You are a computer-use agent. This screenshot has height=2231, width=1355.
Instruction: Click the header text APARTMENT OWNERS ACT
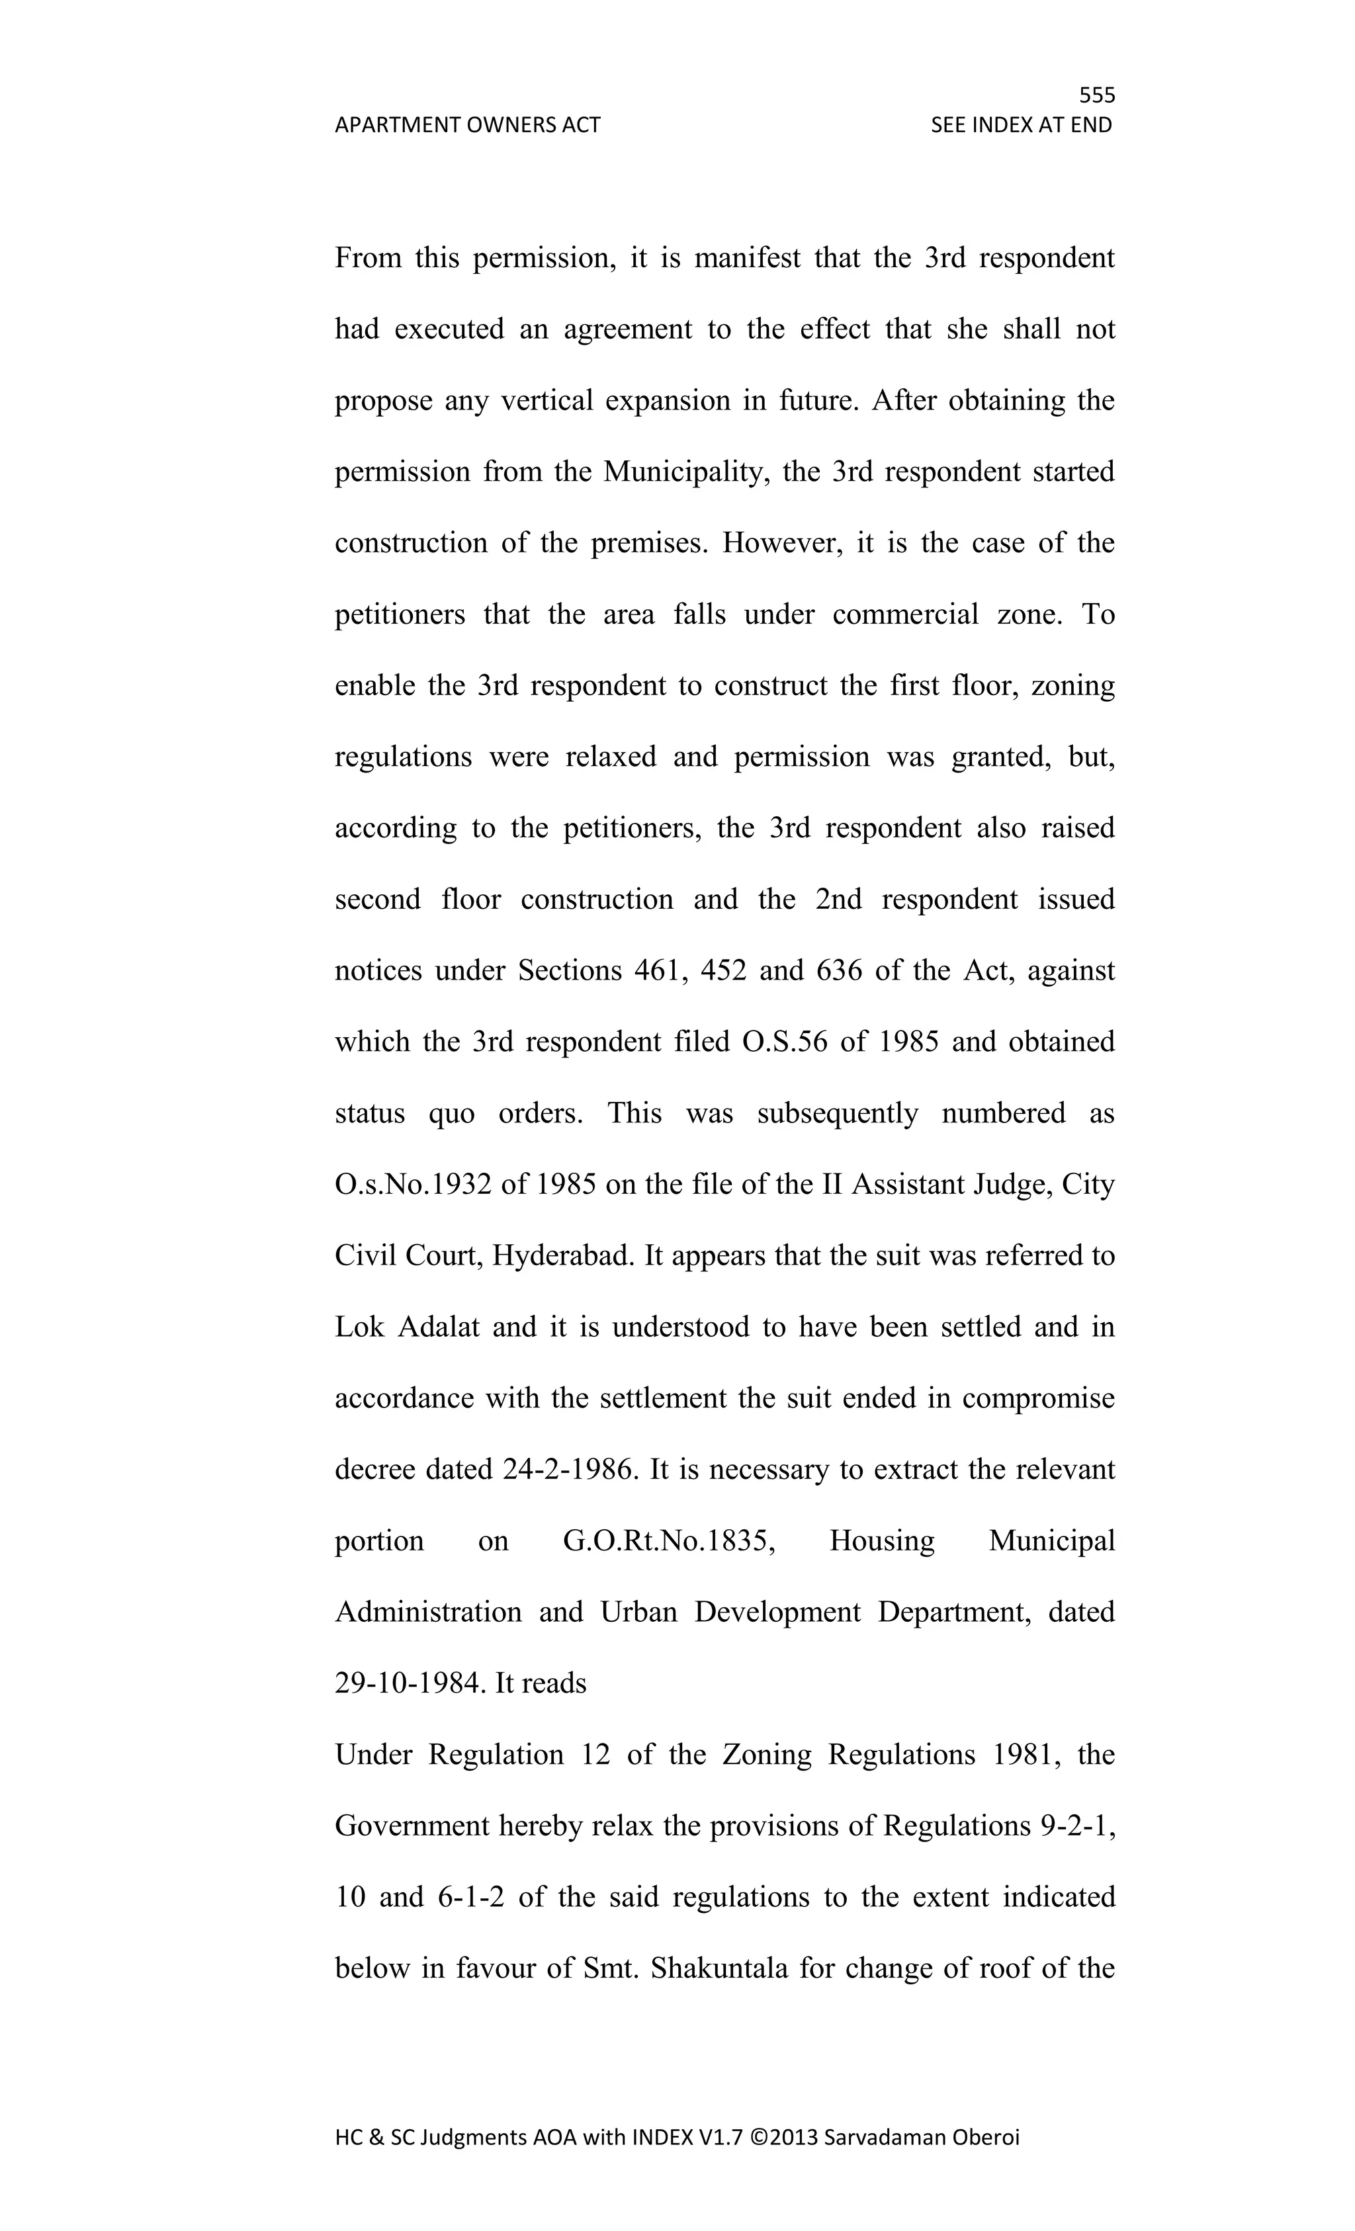(x=467, y=125)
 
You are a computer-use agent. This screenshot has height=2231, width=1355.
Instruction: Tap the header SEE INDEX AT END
(x=1021, y=125)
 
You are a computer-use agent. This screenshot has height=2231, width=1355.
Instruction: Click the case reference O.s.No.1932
(x=414, y=1185)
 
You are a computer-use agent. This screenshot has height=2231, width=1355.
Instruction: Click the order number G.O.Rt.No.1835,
(x=668, y=1541)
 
